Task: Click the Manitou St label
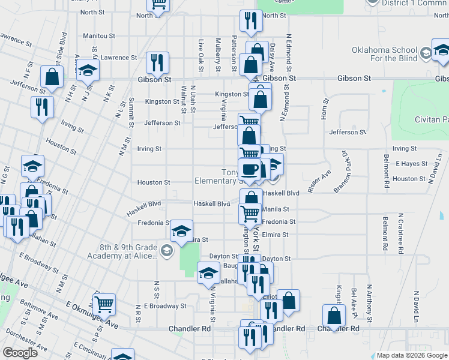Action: click(x=99, y=36)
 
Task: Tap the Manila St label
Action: click(x=276, y=209)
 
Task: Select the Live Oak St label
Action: click(x=201, y=54)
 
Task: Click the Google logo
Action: click(x=20, y=352)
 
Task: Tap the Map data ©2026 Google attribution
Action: click(x=412, y=355)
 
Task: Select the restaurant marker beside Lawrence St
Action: click(x=157, y=62)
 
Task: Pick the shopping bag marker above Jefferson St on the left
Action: click(x=52, y=76)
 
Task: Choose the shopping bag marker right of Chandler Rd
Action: click(x=333, y=314)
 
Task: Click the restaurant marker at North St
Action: click(x=248, y=20)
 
